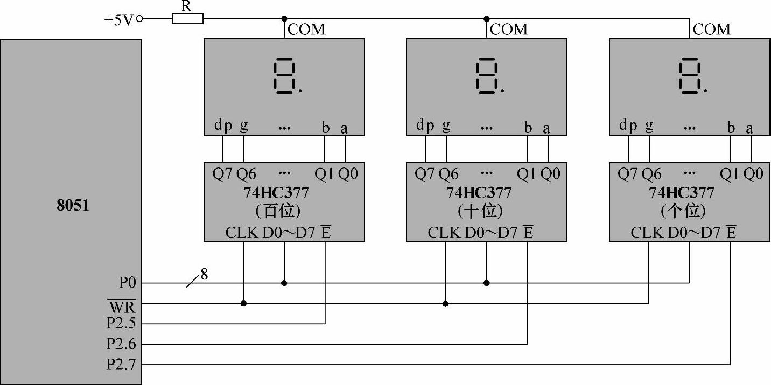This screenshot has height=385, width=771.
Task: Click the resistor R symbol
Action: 187,19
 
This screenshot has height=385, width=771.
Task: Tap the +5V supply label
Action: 120,20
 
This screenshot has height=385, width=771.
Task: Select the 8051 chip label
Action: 72,205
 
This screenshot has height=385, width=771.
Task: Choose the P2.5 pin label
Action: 121,325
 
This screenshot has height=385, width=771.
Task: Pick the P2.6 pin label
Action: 121,344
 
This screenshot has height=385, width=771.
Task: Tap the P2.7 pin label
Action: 121,365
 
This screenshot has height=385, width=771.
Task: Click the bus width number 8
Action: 204,274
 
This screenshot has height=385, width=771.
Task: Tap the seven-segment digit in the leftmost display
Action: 284,77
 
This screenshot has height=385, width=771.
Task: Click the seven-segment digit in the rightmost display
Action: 690,77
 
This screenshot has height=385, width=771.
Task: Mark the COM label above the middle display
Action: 509,29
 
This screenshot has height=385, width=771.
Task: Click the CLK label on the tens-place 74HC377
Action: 444,233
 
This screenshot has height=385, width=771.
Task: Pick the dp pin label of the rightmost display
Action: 628,126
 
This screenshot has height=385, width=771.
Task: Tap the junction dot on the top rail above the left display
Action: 284,19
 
